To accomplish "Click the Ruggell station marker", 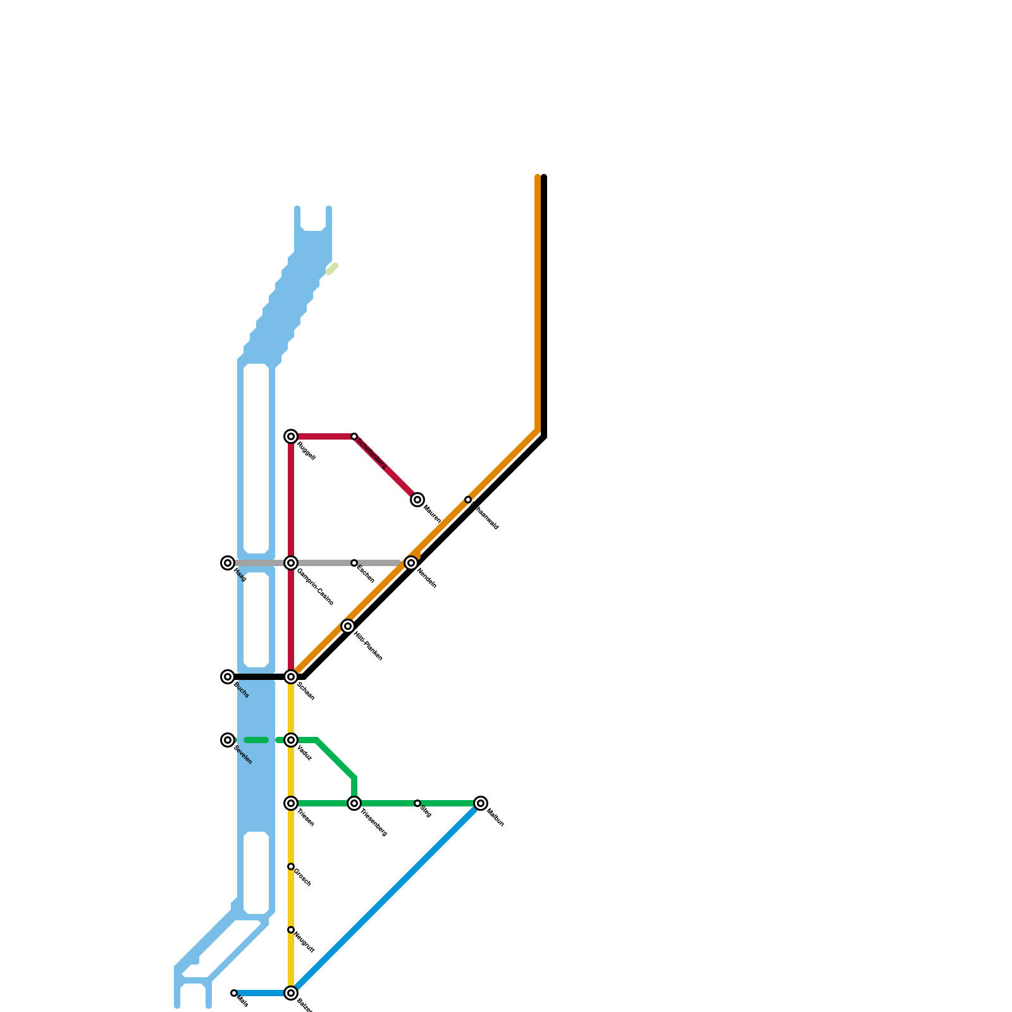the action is [291, 436].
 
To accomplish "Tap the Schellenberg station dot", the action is [354, 436].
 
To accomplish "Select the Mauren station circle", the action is [417, 500].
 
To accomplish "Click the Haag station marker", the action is [228, 563].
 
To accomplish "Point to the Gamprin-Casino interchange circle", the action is [291, 563].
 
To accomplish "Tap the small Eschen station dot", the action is [354, 563].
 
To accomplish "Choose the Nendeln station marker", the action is [411, 563].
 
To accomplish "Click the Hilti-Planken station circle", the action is [348, 626].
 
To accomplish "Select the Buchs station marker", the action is [228, 677].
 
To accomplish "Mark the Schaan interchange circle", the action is [291, 677].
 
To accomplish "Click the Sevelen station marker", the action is [228, 740].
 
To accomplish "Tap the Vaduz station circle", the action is [291, 740].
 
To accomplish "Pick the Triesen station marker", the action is [291, 803].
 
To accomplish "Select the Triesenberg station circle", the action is [354, 803].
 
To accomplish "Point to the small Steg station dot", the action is [417, 803].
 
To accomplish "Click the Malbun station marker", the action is [481, 803].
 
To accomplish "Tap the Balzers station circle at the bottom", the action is [291, 993].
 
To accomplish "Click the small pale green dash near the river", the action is [332, 269].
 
